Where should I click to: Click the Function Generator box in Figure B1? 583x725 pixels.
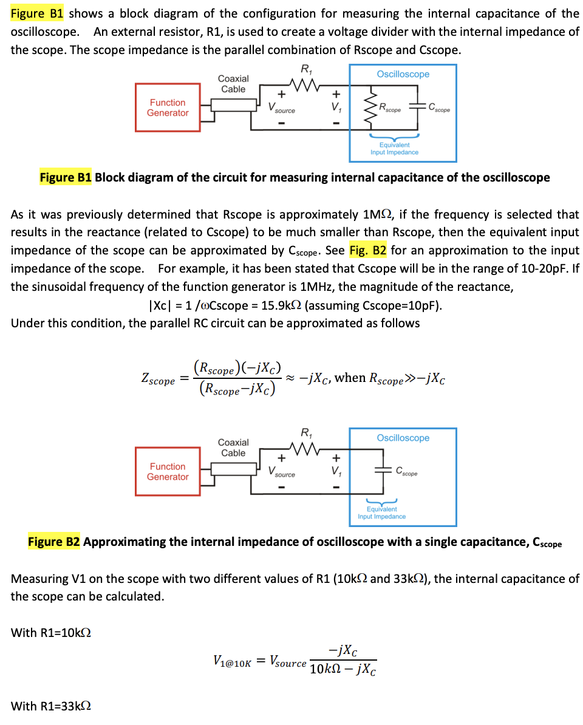point(168,108)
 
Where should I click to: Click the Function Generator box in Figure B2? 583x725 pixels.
point(168,472)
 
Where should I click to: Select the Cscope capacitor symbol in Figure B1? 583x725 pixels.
point(418,107)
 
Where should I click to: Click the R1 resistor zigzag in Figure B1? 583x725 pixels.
point(302,83)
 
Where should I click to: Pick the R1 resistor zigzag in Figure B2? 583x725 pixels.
point(302,447)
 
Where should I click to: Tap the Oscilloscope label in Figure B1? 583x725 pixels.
point(403,74)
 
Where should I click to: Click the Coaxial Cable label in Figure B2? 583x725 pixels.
point(233,448)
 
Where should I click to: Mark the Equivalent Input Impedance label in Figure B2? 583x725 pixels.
point(381,513)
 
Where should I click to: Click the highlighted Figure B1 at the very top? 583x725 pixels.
point(39,13)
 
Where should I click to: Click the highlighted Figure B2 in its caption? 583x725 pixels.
point(54,542)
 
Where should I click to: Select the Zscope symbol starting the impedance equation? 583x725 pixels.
point(157,380)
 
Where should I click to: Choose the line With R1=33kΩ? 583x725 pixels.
point(51,706)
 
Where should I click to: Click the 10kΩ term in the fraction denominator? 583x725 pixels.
point(326,670)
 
